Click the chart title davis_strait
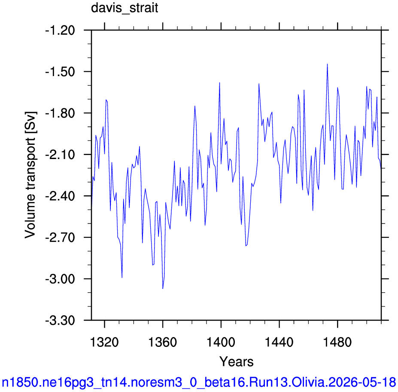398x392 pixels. [125, 8]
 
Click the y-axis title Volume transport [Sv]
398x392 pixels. [30, 175]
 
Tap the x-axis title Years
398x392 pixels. [236, 361]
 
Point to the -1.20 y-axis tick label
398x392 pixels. [60, 31]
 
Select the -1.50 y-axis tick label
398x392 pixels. [60, 72]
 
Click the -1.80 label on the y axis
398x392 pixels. [60, 113]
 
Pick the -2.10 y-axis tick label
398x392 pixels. [60, 155]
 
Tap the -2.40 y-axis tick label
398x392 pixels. [60, 196]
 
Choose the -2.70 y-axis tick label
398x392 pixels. [60, 238]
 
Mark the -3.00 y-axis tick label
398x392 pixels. [60, 279]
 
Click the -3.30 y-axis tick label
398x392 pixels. [60, 321]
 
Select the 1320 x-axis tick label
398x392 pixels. [104, 342]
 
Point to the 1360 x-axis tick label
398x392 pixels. [162, 342]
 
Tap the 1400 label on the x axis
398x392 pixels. [221, 342]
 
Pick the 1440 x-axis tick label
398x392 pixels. [279, 342]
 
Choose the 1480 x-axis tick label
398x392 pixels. [337, 342]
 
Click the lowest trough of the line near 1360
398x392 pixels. [163, 288]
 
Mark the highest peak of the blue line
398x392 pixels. [328, 64]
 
